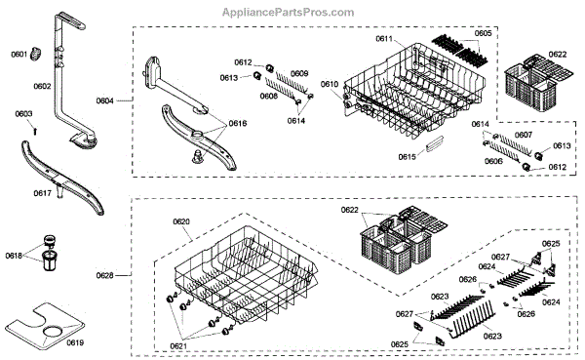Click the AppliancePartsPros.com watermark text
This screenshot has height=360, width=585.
coord(288,13)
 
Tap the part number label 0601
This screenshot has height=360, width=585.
coord(19,55)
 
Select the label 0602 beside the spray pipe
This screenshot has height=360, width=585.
coord(42,86)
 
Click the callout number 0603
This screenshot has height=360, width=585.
coord(23,113)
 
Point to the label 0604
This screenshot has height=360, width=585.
coord(105,100)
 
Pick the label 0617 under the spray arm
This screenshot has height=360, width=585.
coord(43,193)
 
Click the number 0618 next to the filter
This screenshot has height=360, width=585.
coord(14,256)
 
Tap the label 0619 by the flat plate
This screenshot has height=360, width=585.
coord(75,342)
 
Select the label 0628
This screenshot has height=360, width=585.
coord(105,275)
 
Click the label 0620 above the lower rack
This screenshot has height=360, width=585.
coord(181,221)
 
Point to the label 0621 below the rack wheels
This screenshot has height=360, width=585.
coord(178,346)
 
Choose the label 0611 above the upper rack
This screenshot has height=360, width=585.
coord(384,38)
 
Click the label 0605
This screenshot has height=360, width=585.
coord(484,33)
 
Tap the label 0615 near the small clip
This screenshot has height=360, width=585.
coord(407,157)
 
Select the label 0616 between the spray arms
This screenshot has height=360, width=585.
coord(238,123)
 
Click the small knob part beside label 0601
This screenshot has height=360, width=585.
coord(36,54)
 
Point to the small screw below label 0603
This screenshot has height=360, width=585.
coord(35,132)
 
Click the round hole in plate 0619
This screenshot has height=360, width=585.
coord(53,332)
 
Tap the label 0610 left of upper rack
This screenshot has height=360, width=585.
coord(330,84)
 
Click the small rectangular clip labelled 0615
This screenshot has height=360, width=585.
coord(434,143)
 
